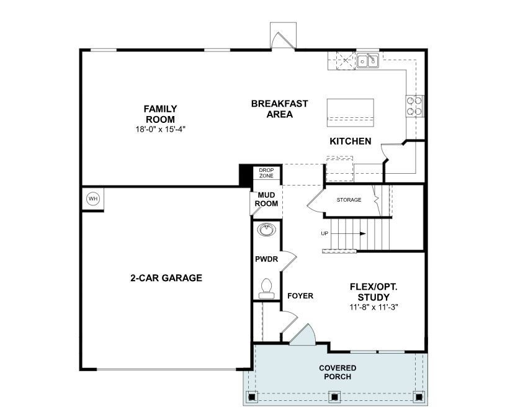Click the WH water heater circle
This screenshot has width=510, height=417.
[x=93, y=199]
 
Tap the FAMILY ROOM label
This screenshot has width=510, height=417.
[x=160, y=114]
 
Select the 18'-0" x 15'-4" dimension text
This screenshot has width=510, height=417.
[x=160, y=129]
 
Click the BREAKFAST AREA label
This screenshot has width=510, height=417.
[x=271, y=109]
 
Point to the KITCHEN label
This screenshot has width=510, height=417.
[x=351, y=141]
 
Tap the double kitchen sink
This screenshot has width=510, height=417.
[x=368, y=61]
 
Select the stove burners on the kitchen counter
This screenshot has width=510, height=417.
[x=414, y=105]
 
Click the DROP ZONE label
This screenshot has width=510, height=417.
[x=266, y=173]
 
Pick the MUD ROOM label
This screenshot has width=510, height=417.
[x=267, y=199]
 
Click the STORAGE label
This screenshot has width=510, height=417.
[x=349, y=200]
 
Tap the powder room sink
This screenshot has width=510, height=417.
[x=266, y=230]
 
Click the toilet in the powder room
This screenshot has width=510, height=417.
[x=267, y=288]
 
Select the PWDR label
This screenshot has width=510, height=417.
[x=266, y=259]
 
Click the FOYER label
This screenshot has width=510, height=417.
[x=300, y=296]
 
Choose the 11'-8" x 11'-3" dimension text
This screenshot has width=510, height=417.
[x=373, y=307]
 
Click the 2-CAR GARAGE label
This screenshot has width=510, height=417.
[x=166, y=278]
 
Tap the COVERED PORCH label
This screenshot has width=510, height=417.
[x=338, y=372]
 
